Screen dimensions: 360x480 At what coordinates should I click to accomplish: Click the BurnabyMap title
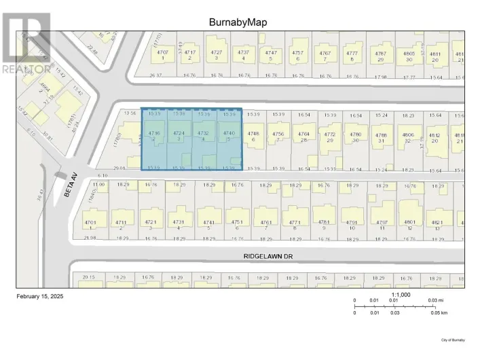238,22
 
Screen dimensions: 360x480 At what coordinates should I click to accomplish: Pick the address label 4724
179,133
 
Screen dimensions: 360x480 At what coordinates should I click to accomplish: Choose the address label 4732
204,133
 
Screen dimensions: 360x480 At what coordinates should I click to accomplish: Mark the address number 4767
325,52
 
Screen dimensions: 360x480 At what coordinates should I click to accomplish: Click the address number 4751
238,222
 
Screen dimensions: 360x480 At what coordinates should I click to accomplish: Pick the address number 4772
330,135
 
